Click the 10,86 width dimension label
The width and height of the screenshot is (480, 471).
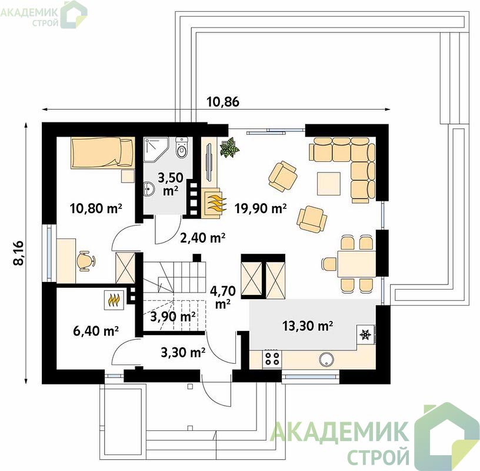pyautogui.click(x=223, y=101)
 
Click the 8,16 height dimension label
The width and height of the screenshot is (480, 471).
pyautogui.click(x=19, y=253)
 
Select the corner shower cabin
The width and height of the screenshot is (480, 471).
pyautogui.click(x=156, y=149)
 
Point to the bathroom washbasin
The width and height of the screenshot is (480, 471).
pyautogui.click(x=149, y=188)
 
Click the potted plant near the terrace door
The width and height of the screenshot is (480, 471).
pyautogui.click(x=229, y=148)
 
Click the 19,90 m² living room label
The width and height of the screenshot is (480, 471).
pyautogui.click(x=261, y=208)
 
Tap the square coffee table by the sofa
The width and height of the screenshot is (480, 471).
pyautogui.click(x=329, y=184)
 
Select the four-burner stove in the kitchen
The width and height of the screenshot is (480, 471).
pyautogui.click(x=272, y=359)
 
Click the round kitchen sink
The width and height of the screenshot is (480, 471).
pyautogui.click(x=326, y=359)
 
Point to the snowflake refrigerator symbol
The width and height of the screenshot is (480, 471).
pyautogui.click(x=365, y=334)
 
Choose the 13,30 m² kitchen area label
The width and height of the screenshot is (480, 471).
pyautogui.click(x=308, y=326)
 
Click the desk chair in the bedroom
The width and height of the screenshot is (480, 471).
pyautogui.click(x=85, y=261)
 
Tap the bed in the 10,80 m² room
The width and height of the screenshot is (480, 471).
pyautogui.click(x=103, y=152)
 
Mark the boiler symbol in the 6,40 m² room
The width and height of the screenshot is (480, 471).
pyautogui.click(x=115, y=300)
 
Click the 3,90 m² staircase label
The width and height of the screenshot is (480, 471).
pyautogui.click(x=173, y=317)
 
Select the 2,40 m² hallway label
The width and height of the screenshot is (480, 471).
pyautogui.click(x=203, y=237)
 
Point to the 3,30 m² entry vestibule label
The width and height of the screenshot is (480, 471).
pyautogui.click(x=183, y=353)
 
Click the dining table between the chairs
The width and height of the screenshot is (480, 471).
pyautogui.click(x=356, y=264)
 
